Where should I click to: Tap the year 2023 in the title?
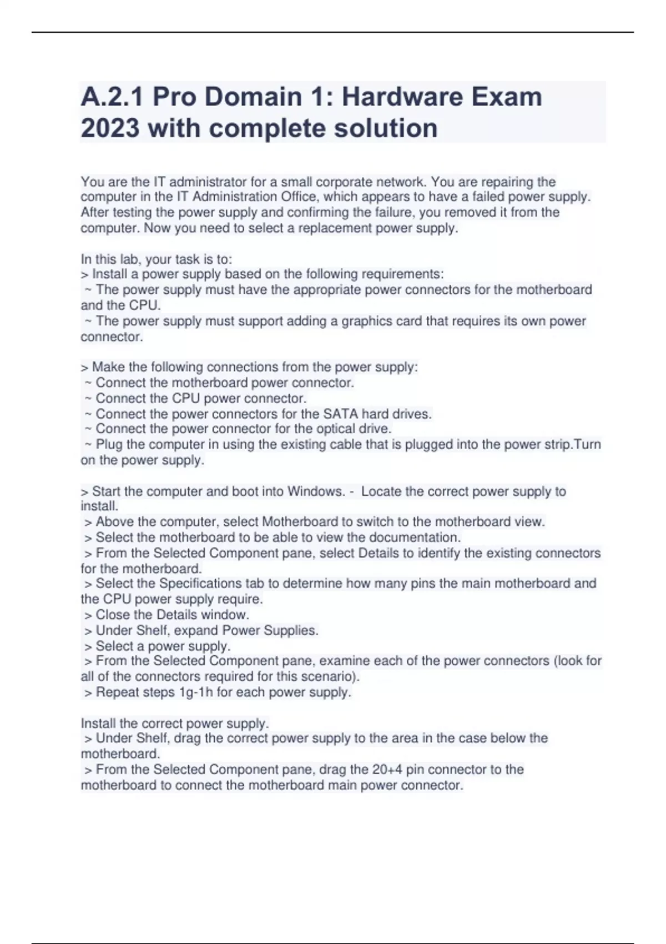[x=110, y=128]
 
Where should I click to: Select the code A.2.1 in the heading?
[x=112, y=97]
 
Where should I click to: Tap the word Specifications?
[x=201, y=584]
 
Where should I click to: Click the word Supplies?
[x=290, y=630]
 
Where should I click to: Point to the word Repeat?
[x=116, y=692]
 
